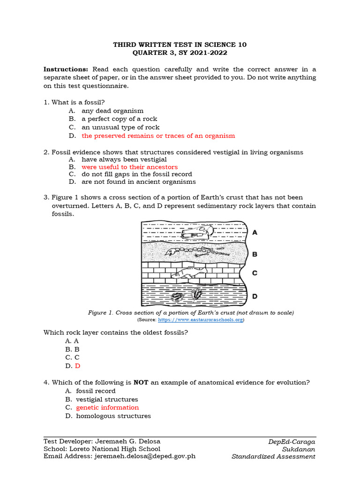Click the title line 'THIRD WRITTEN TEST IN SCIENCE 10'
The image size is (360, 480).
coord(180,45)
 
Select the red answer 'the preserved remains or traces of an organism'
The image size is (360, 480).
coord(158,136)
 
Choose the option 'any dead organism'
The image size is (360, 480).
coord(112,111)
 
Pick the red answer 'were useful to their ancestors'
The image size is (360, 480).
coord(129,167)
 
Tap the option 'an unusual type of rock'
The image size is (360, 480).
coord(120,127)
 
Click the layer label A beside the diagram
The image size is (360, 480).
coord(255,232)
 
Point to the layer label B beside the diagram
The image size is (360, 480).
coord(255,255)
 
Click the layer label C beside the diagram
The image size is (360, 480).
coord(255,273)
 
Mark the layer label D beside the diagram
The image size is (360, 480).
coord(255,296)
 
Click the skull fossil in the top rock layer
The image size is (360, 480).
coord(197,232)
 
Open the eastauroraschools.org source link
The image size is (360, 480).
coord(201,320)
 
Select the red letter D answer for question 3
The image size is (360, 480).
coord(78,366)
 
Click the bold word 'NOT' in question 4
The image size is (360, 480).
coord(141,382)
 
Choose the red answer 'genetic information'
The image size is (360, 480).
coord(107,408)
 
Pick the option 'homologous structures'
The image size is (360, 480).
coord(113,416)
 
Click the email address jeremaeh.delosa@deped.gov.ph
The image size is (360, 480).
coord(145,456)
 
